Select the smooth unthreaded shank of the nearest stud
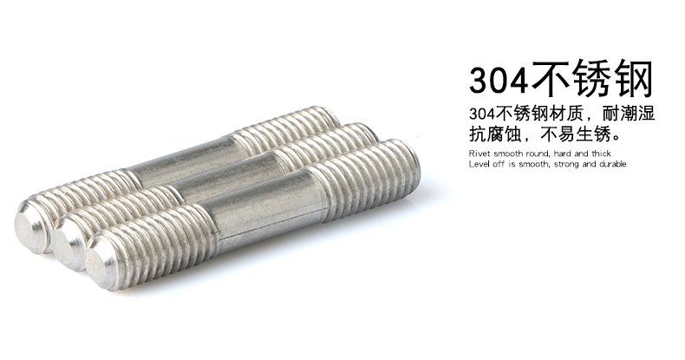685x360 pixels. click(265, 206)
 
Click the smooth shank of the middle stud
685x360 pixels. click(224, 174)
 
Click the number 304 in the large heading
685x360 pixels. click(499, 80)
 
